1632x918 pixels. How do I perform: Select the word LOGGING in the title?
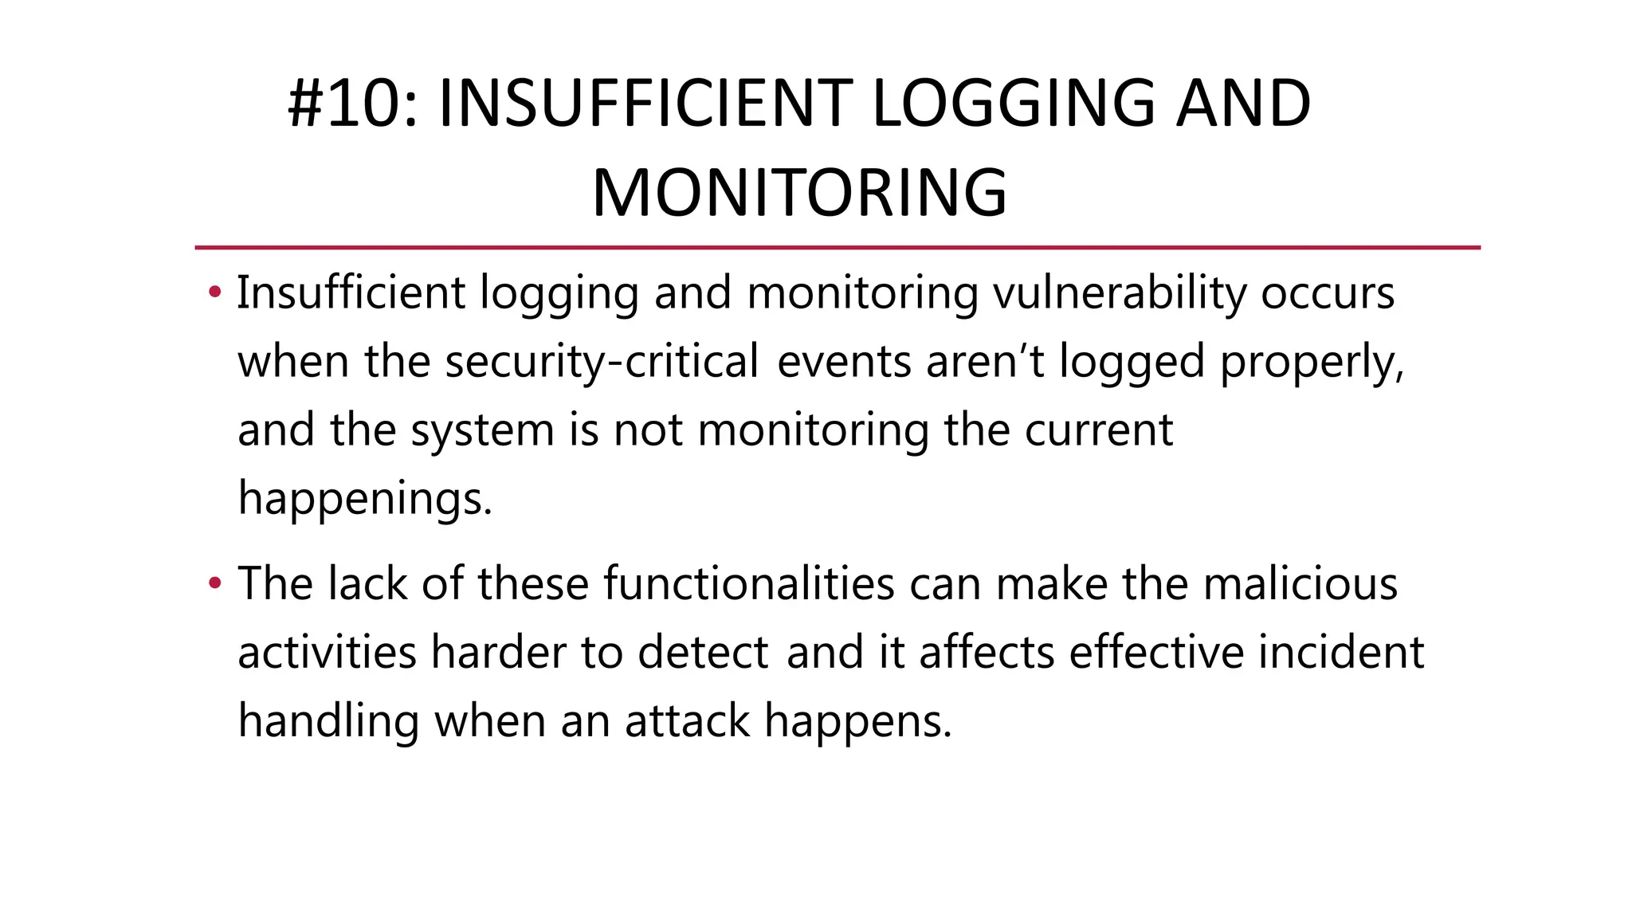[x=1012, y=104]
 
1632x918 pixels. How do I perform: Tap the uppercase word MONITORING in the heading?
[x=799, y=193]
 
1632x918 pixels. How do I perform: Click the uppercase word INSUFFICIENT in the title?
[x=645, y=104]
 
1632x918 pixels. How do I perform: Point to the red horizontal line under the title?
[x=837, y=248]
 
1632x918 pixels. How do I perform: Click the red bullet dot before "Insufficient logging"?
[x=214, y=292]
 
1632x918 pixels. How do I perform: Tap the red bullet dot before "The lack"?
[x=214, y=583]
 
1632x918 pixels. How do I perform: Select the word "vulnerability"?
[x=1119, y=293]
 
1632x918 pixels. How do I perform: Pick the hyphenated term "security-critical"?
[x=602, y=362]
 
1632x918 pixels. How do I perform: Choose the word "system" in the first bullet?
[x=482, y=430]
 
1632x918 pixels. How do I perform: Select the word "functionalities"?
[x=749, y=583]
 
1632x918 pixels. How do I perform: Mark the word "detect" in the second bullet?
[x=703, y=652]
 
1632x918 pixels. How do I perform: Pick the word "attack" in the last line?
[x=687, y=720]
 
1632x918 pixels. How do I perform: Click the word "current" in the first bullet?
[x=1098, y=430]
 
